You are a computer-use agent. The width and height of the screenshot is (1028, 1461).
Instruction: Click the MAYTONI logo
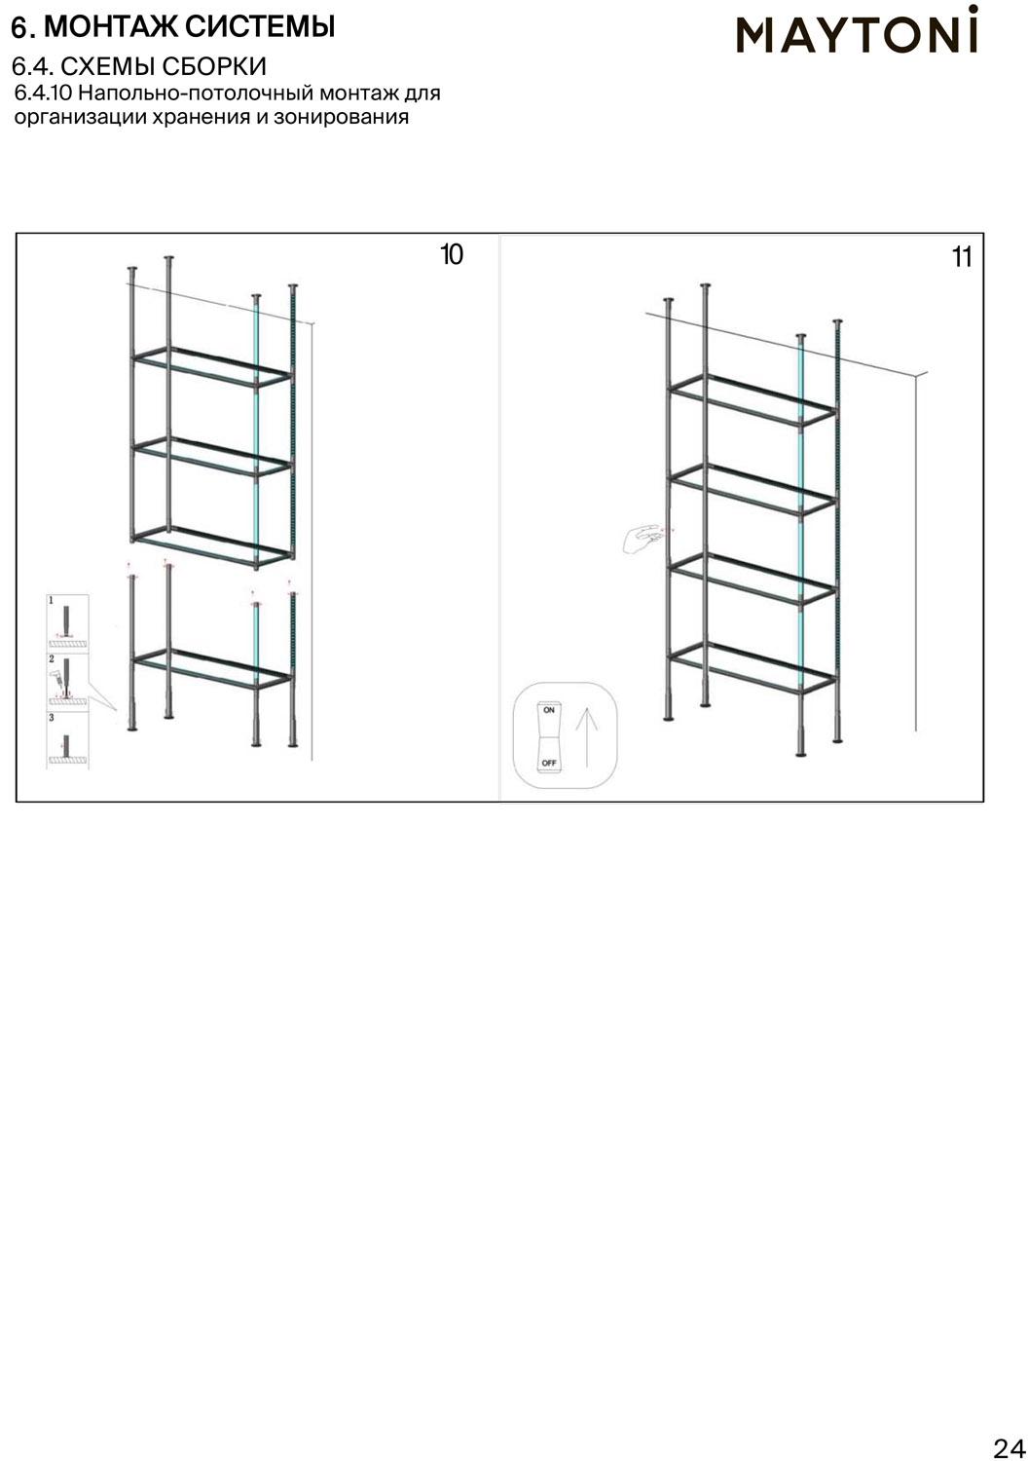click(858, 29)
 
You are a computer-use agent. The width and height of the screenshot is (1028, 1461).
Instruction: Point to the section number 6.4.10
click(43, 94)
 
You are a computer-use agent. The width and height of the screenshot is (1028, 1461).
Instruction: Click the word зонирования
click(341, 118)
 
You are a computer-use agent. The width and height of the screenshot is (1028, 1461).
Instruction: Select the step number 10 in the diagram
click(452, 254)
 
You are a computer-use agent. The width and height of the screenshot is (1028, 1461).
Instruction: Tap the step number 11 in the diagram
click(962, 258)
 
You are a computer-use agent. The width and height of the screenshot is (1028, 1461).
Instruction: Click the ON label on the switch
click(549, 710)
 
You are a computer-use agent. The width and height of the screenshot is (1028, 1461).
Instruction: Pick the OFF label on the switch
click(549, 763)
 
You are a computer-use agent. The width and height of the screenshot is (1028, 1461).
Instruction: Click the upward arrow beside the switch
click(587, 737)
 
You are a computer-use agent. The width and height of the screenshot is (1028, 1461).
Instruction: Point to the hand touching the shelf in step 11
click(642, 539)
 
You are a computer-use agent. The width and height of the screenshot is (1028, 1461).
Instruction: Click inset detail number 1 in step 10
click(67, 623)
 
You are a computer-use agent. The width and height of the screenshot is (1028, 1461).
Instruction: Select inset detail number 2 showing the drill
click(67, 682)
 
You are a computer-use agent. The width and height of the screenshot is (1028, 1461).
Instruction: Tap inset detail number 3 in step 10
click(67, 740)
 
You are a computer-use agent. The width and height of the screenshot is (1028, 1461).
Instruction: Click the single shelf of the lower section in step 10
click(212, 668)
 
